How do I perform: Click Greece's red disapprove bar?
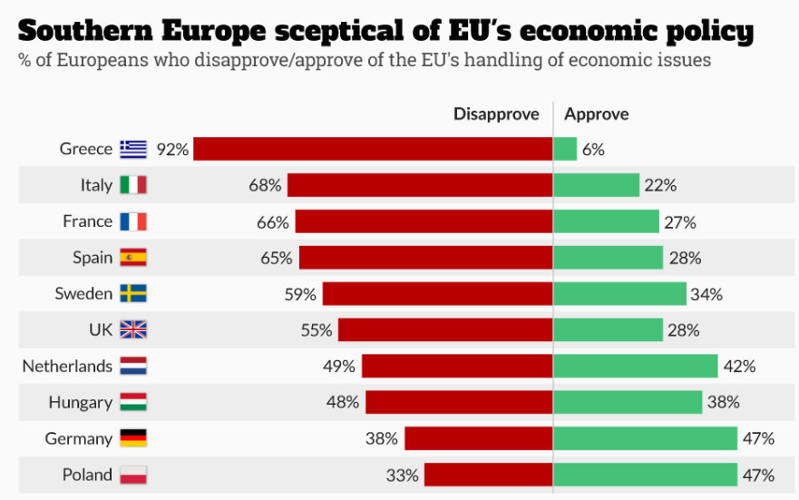373,149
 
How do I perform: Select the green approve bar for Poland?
645,475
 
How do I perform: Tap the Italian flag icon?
132,185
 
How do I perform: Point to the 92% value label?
172,150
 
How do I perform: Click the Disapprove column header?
496,114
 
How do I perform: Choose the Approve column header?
596,114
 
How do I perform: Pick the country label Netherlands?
67,367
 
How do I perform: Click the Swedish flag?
132,294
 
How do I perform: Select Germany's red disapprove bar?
478,438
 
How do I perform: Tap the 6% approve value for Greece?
594,150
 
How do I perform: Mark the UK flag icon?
132,330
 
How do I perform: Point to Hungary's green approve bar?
628,402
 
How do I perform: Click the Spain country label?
93,258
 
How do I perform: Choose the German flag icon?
132,438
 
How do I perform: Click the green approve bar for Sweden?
619,294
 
